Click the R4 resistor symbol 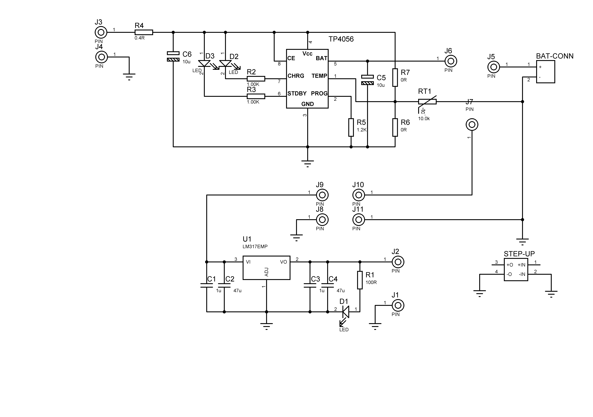click(144, 32)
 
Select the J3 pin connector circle click(101, 33)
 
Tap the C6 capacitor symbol click(173, 56)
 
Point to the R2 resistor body click(256, 79)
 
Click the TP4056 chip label click(341, 39)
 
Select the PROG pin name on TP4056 click(319, 94)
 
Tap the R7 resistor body click(395, 77)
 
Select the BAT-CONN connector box click(545, 72)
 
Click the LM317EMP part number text click(255, 247)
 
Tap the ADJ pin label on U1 click(267, 272)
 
